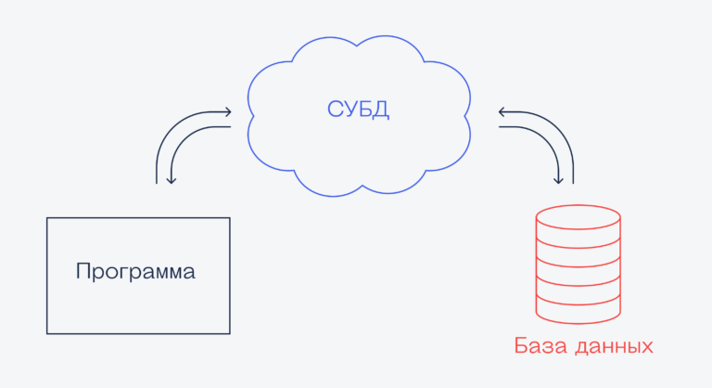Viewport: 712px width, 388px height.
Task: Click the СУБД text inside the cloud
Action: click(358, 110)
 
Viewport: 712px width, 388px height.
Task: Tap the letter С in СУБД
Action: click(335, 110)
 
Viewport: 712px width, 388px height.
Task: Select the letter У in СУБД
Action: click(350, 110)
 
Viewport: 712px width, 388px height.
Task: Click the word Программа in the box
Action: click(135, 273)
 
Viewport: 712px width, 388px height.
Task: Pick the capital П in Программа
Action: click(83, 272)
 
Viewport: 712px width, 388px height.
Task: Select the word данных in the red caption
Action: click(614, 348)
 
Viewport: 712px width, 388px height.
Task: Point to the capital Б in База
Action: click(521, 346)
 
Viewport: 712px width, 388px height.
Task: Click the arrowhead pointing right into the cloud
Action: click(227, 112)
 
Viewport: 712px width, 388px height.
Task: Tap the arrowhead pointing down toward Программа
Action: click(171, 179)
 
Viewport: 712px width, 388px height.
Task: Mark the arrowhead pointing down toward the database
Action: click(559, 179)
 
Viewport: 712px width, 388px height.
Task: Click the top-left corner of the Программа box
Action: click(47, 218)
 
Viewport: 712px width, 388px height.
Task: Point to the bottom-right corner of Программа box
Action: click(229, 333)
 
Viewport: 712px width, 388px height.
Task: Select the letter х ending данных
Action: click(646, 348)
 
